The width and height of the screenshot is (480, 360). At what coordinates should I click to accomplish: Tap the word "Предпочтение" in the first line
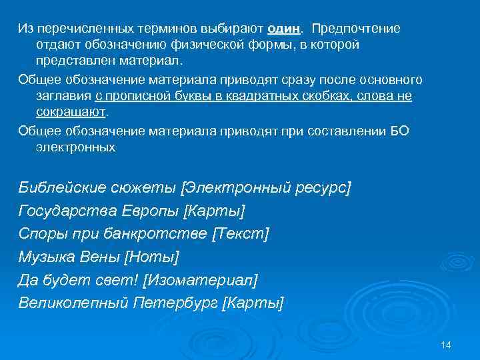(x=356, y=29)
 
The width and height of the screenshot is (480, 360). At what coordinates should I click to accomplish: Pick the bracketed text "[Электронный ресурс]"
(x=266, y=188)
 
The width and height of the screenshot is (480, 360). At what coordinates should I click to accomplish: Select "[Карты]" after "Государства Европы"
(x=214, y=211)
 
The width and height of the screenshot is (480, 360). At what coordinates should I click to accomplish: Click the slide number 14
(x=446, y=344)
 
